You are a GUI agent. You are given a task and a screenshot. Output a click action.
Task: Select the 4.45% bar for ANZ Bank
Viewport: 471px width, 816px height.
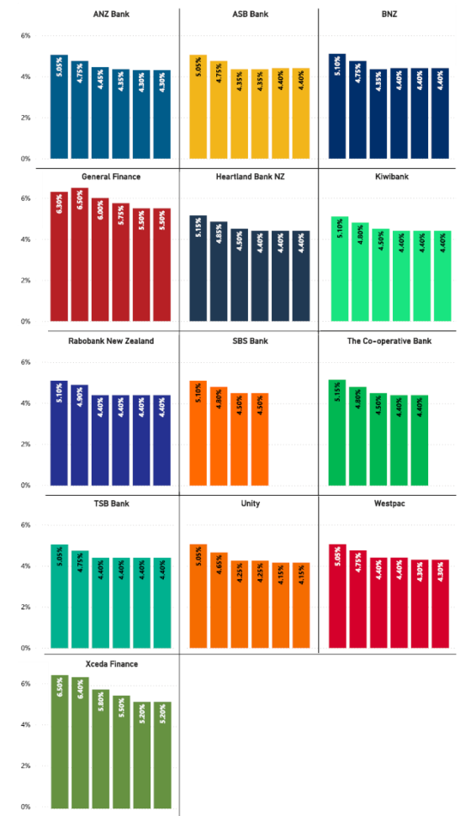coord(100,113)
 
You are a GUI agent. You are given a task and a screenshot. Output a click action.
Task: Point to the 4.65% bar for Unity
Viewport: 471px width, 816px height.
coord(219,600)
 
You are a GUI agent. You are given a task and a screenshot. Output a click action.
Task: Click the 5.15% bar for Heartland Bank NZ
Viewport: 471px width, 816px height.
coord(198,268)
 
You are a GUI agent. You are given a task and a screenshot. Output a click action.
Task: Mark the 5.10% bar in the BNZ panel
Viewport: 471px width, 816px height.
coord(337,106)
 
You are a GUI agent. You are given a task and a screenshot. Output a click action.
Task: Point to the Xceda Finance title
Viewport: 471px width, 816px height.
coord(110,664)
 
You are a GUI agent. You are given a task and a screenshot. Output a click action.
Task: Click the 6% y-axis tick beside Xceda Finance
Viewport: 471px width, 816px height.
coord(24,683)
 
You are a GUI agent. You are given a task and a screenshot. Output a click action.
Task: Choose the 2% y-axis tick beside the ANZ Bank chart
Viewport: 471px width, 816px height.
coord(24,118)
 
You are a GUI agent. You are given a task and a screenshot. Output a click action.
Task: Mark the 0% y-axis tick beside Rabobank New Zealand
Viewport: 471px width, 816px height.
coord(24,485)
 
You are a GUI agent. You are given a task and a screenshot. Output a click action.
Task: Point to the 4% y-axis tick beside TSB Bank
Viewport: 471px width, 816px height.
coord(24,566)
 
